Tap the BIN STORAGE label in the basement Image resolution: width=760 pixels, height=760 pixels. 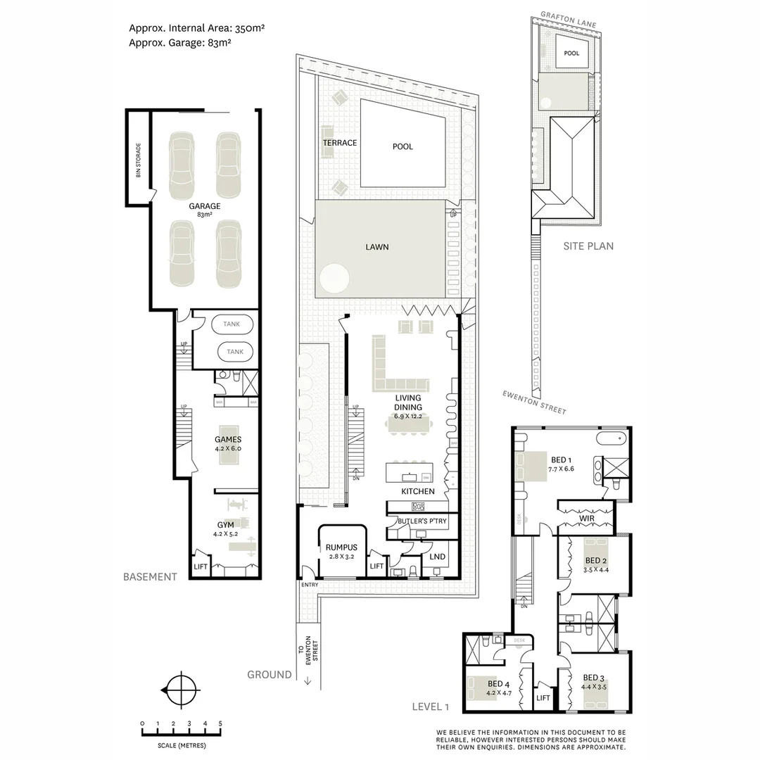139,160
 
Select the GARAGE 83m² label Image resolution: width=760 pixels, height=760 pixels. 204,210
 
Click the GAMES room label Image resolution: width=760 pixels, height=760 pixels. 228,443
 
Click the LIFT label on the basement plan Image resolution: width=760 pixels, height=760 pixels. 201,566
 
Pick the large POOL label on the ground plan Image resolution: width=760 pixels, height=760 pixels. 403,146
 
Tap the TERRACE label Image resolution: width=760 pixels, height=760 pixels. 340,143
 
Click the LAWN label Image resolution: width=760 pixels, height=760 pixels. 376,247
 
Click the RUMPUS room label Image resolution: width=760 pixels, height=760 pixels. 341,552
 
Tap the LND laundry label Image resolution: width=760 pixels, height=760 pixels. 436,557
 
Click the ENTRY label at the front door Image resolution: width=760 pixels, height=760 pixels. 309,585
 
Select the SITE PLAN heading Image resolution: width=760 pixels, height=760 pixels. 588,246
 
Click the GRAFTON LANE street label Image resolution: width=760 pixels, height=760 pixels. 568,19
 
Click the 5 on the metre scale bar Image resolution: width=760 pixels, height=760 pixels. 220,723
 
